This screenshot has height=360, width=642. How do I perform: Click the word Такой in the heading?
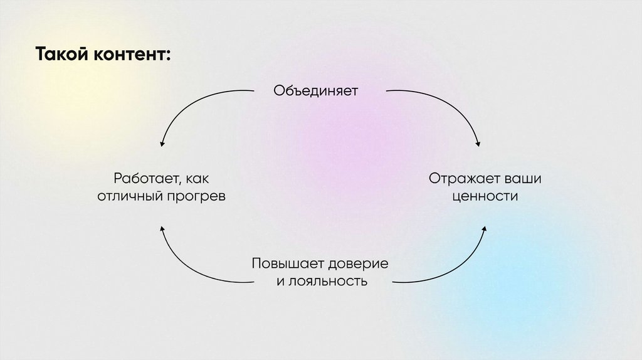[x=61, y=54]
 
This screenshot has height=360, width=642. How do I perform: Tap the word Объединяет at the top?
[x=315, y=90]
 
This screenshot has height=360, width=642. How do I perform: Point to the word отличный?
[x=130, y=196]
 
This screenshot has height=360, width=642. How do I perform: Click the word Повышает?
[x=283, y=263]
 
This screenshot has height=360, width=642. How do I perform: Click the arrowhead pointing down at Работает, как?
[x=162, y=144]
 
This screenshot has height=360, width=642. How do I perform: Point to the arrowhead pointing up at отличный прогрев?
[x=162, y=230]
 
